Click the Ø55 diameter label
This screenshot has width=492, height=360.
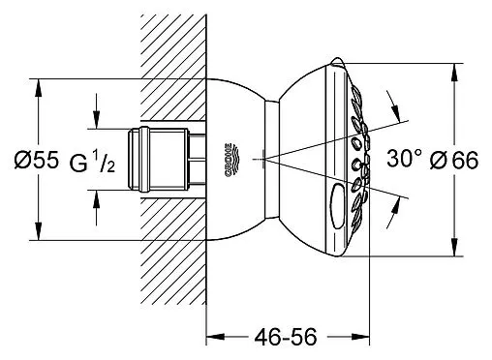[x=37, y=160]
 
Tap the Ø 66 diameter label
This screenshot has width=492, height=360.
[x=454, y=161]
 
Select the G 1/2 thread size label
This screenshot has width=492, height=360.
[x=92, y=163]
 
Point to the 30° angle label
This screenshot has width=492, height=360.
[x=404, y=159]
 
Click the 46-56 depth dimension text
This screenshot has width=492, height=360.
[x=286, y=337]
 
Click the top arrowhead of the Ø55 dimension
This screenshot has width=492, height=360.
[x=39, y=88]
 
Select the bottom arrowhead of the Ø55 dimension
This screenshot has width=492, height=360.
[x=39, y=231]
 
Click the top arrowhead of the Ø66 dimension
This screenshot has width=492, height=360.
[x=454, y=73]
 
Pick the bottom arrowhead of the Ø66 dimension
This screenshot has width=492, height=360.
[x=454, y=248]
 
